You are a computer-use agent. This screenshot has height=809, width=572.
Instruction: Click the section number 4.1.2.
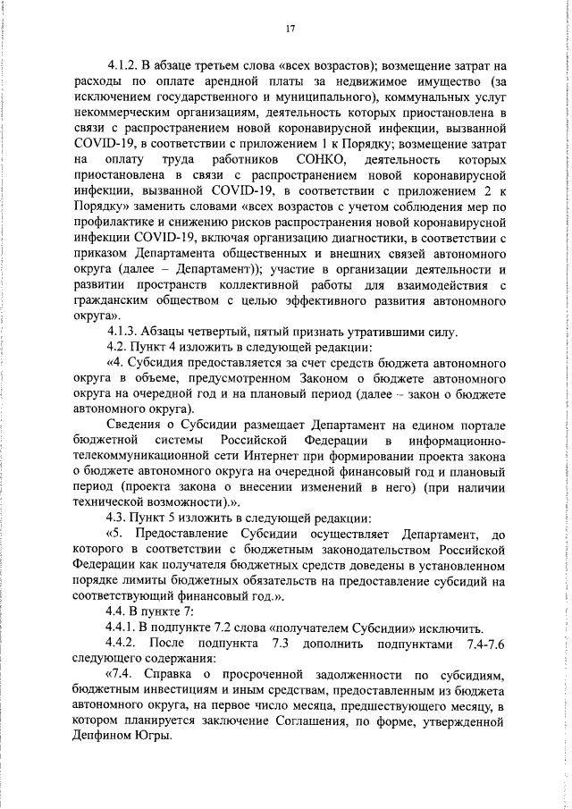pyautogui.click(x=125, y=66)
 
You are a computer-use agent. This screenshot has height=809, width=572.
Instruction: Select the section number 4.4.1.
pyautogui.click(x=125, y=627)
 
